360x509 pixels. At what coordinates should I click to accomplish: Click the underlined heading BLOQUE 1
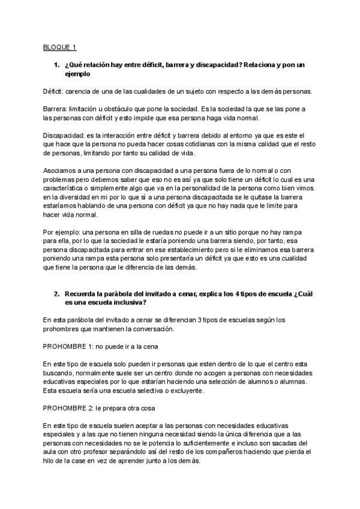point(59,47)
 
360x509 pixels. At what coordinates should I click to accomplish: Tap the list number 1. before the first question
point(56,64)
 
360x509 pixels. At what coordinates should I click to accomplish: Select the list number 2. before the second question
point(56,294)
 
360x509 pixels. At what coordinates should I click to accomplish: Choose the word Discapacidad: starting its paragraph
point(64,136)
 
